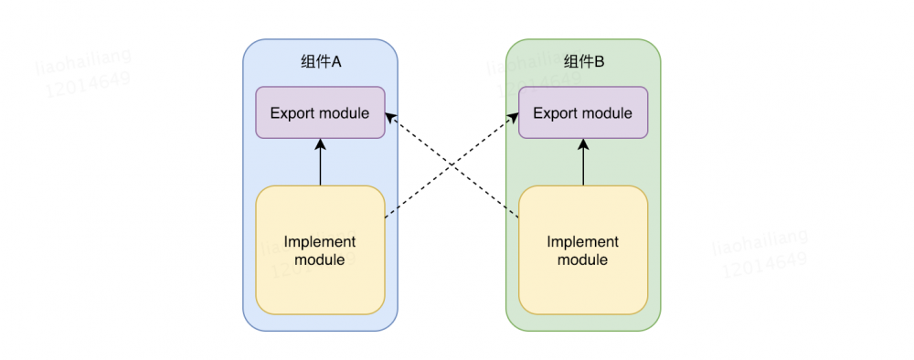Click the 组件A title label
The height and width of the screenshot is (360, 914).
320,62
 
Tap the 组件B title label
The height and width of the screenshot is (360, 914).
584,62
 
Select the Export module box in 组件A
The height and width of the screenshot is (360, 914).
320,113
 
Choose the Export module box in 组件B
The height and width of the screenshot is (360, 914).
583,113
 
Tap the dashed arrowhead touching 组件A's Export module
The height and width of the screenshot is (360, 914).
390,116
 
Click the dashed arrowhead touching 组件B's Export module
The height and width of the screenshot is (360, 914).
513,116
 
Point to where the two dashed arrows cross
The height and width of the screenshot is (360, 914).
452,164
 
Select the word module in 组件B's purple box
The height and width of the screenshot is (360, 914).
606,113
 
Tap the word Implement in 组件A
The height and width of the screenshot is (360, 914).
320,242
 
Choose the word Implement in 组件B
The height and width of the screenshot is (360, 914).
583,242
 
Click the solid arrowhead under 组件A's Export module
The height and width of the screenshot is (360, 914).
320,144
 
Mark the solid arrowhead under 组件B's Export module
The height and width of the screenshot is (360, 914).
583,144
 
